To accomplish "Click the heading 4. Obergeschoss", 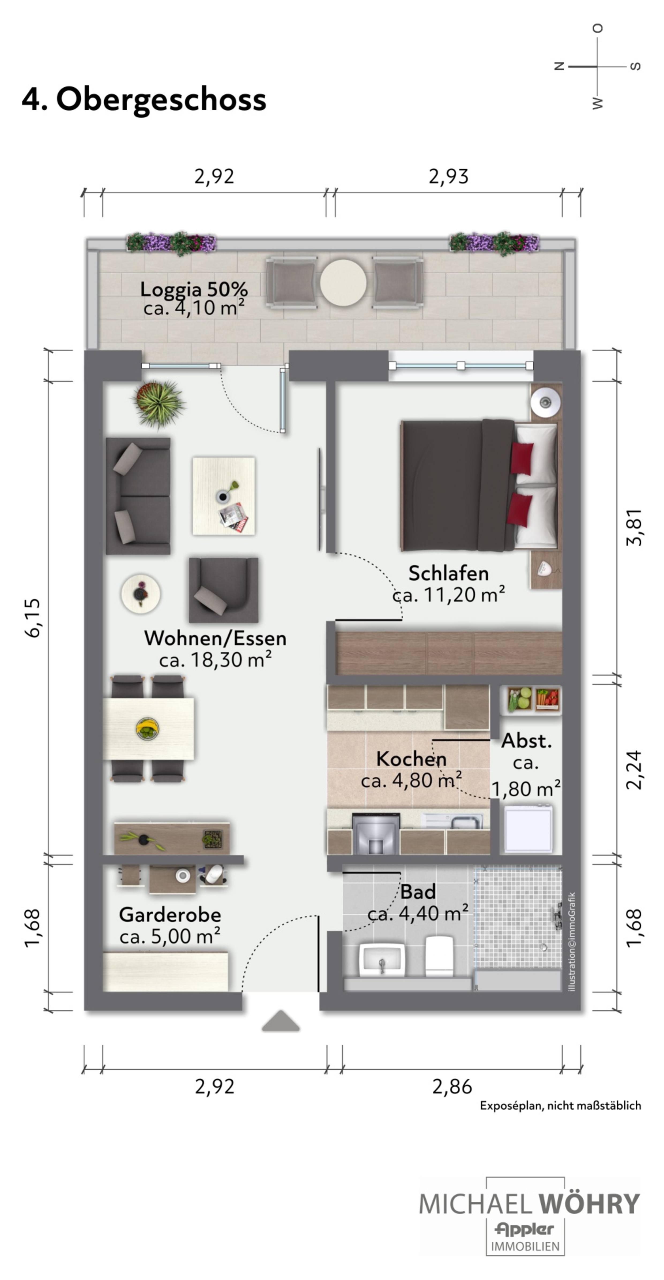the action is point(144,99).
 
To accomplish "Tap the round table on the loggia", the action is point(343,283).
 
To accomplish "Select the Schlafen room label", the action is point(448,573).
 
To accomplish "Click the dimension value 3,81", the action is point(635,527).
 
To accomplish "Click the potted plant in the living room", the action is point(158,404).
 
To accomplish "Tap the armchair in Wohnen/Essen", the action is point(224,590).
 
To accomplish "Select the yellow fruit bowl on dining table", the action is point(148,729).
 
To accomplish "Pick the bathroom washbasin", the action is point(382,961).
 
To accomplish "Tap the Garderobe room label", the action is point(170,915).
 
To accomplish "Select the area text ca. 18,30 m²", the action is point(216,660).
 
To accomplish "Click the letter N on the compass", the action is point(560,66).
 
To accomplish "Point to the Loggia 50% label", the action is point(194,289).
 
